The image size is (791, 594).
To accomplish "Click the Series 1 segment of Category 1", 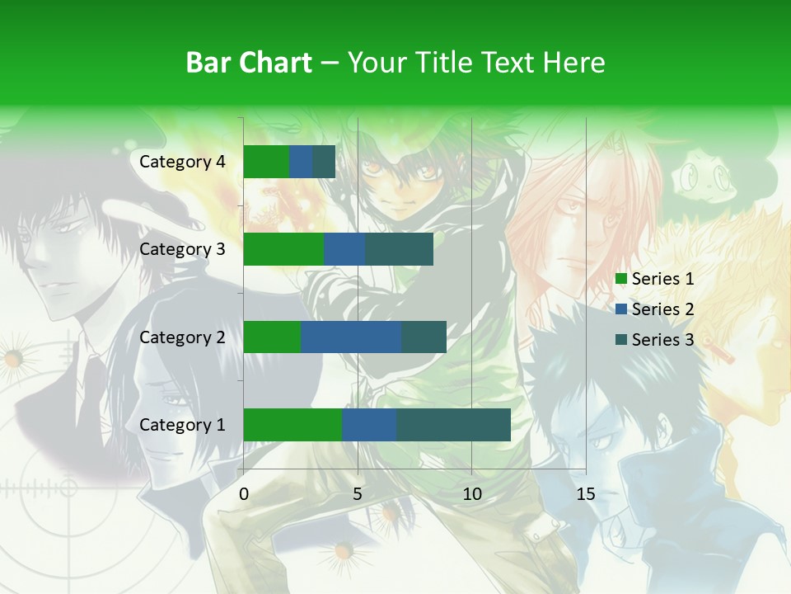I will coord(293,425).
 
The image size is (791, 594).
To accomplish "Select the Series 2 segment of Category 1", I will coord(369,425).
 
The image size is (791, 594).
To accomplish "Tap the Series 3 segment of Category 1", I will coord(453,425).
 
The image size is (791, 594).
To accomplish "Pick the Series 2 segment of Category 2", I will coord(351,337).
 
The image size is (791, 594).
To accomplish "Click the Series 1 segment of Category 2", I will coord(272,337).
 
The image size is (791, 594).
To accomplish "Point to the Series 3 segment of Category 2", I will coord(424,337).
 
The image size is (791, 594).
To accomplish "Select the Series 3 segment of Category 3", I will coord(399,249).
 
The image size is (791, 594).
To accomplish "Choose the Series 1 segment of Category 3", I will coord(283,249).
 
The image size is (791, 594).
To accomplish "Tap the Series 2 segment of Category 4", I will coord(301,162).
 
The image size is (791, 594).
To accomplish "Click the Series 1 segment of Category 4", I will coord(266,162).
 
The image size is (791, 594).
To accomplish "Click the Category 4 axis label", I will coord(182,162).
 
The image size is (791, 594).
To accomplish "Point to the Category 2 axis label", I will coord(182,337).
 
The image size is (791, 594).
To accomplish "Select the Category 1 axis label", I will coord(182,425).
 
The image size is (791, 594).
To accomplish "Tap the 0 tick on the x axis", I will coord(244,494).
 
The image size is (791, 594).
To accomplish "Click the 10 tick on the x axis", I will coord(471,494).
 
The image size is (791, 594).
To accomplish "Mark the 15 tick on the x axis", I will coord(585,494).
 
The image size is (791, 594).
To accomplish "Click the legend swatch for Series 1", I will coord(621,279).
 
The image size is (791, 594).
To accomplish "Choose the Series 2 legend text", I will coord(662,309).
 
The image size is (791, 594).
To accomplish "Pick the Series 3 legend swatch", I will coord(621,340).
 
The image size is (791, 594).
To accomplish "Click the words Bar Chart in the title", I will coord(249,63).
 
